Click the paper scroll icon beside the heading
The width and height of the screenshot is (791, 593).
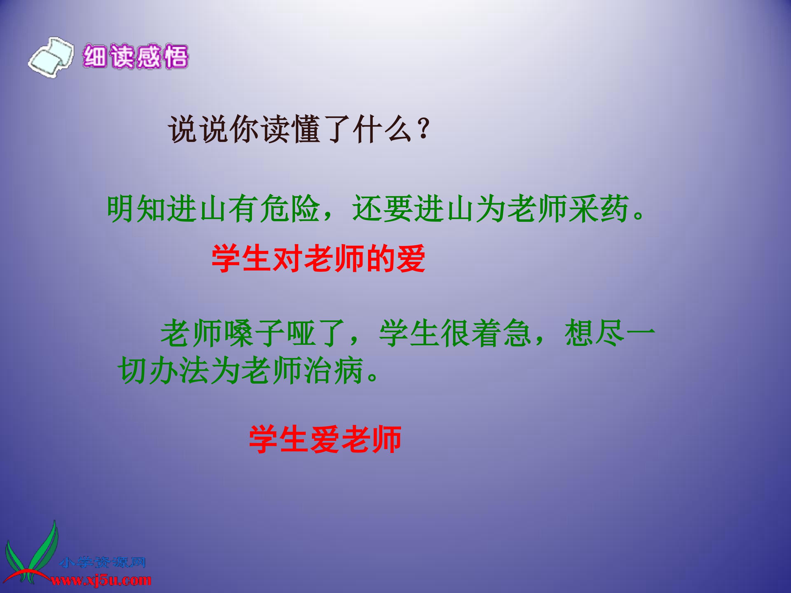pyautogui.click(x=51, y=57)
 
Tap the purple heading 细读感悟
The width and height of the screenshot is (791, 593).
pyautogui.click(x=135, y=57)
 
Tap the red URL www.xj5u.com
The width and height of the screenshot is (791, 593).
pyautogui.click(x=101, y=580)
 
